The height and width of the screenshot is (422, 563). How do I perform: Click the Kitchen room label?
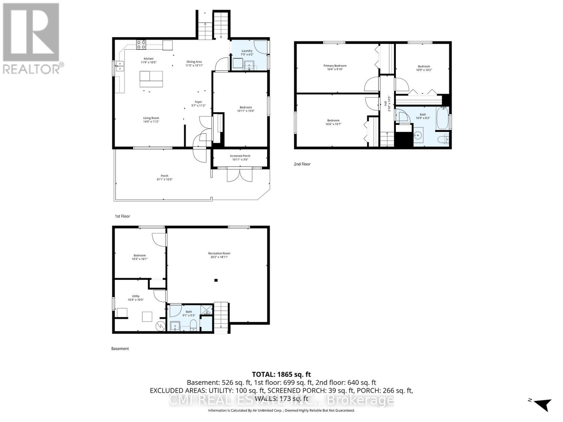pyautogui.click(x=148, y=59)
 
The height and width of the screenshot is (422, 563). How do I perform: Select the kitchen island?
pyautogui.click(x=151, y=79)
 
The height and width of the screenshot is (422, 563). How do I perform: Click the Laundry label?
pyautogui.click(x=247, y=51)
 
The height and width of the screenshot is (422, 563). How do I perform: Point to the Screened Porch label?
pyautogui.click(x=240, y=156)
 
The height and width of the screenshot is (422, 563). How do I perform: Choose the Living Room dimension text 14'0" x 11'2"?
pyautogui.click(x=151, y=122)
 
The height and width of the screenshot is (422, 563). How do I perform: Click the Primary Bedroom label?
pyautogui.click(x=335, y=66)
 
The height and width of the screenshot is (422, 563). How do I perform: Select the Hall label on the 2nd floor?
pyautogui.click(x=385, y=103)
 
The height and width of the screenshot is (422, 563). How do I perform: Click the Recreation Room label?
pyautogui.click(x=219, y=253)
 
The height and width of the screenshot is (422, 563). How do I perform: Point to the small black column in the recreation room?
pyautogui.click(x=216, y=280)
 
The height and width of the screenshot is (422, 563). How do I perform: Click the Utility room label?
pyautogui.click(x=135, y=296)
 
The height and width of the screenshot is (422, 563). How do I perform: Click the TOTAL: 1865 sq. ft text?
pyautogui.click(x=281, y=375)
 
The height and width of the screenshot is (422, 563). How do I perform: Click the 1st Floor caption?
pyautogui.click(x=122, y=216)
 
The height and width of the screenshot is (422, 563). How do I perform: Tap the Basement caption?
pyautogui.click(x=120, y=349)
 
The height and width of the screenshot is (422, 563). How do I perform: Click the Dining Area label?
pyautogui.click(x=194, y=62)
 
